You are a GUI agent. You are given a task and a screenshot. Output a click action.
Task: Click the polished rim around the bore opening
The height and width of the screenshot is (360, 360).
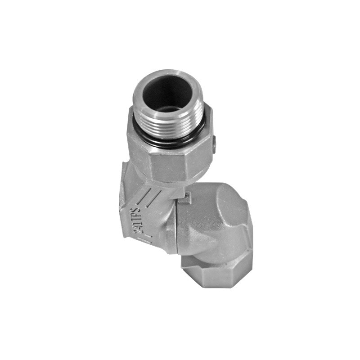click(x=168, y=92)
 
